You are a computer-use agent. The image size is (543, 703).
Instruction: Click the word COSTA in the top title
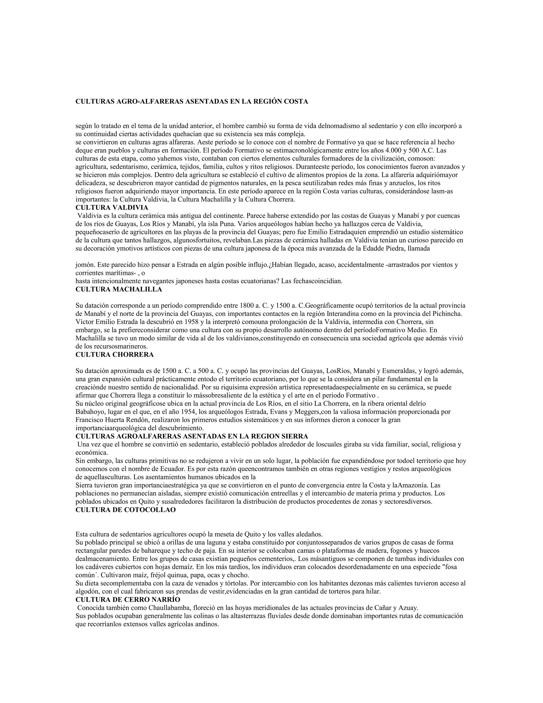(296, 101)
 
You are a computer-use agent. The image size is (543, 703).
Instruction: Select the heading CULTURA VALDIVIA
(112, 208)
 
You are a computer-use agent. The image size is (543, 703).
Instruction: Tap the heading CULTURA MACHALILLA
(119, 289)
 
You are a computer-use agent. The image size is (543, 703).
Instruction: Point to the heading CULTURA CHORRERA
(115, 354)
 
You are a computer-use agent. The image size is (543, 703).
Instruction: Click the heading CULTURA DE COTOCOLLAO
(125, 510)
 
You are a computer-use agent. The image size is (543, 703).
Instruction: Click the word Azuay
(408, 608)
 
